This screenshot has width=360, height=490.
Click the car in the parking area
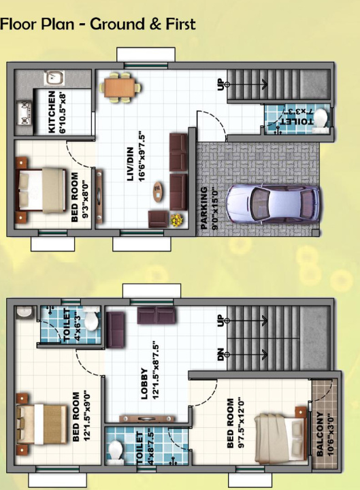(271, 203)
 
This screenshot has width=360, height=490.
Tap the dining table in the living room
(122, 87)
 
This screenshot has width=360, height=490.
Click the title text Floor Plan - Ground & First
(98, 24)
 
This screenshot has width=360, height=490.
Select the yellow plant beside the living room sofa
(176, 220)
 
